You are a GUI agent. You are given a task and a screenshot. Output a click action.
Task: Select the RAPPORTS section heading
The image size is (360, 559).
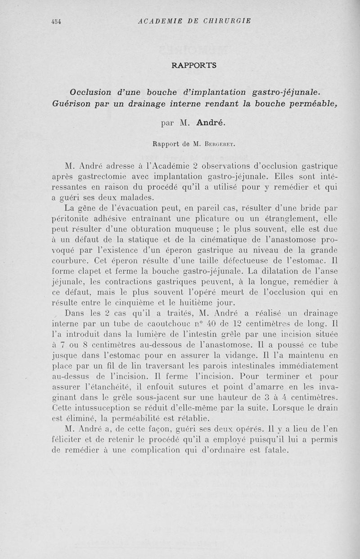click(194, 65)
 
